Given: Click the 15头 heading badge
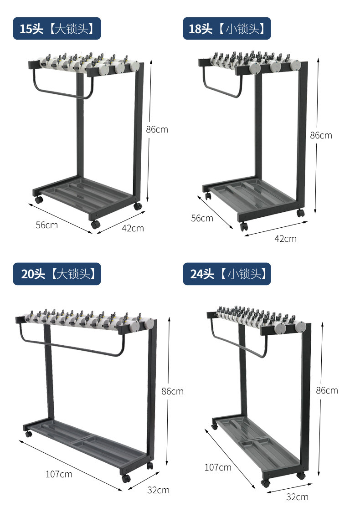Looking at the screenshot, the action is [x=57, y=29].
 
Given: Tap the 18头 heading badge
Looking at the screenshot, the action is [x=227, y=29].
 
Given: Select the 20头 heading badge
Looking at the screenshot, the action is [x=57, y=274].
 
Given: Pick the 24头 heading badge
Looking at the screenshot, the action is [x=227, y=274].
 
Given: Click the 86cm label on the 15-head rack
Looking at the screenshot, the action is [x=157, y=129].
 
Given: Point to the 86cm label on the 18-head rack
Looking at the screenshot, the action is [x=321, y=135].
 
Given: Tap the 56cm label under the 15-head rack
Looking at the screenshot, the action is [x=46, y=225].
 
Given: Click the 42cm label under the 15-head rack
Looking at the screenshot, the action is [x=133, y=228].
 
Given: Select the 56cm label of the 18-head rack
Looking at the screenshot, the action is [x=202, y=218].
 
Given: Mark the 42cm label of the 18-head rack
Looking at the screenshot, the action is [x=285, y=239].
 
